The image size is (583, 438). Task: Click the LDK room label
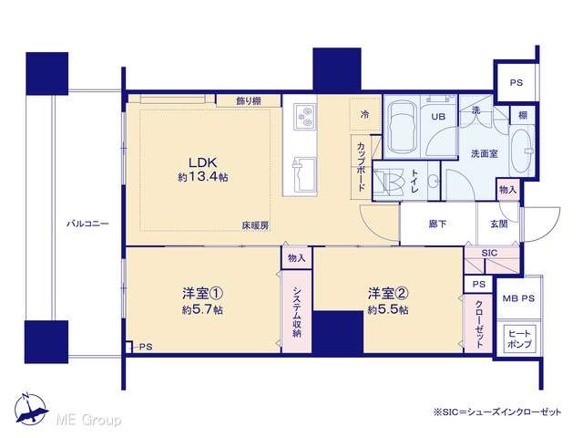coord(202,162)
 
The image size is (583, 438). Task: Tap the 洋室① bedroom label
coord(202,294)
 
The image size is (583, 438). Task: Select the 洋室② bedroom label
coord(388,294)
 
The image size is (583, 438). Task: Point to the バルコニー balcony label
coord(87,224)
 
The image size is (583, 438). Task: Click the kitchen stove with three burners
coord(305,117)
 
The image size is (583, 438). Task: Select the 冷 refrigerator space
coord(365,114)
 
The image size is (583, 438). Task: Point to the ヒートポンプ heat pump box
coord(519,339)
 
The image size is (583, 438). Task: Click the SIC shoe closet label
coord(489,253)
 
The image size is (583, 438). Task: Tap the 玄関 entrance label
coord(499,224)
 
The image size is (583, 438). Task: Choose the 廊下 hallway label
coord(437,224)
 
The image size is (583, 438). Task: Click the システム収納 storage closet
coord(296,311)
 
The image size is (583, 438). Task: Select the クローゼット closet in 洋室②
coord(478,323)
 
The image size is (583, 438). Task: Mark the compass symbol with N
coord(31,409)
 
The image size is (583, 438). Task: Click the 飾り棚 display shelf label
coord(249,100)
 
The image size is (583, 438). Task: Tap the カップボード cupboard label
coord(361,166)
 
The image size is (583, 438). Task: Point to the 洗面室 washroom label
coord(484,153)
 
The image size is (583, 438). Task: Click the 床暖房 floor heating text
coord(255,225)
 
